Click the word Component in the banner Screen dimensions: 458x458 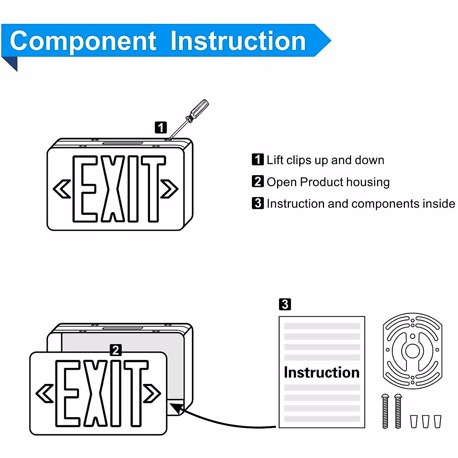[83, 41]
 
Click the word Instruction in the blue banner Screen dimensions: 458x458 [238, 41]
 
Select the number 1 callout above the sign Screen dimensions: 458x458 [161, 127]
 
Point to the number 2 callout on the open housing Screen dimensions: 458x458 [116, 350]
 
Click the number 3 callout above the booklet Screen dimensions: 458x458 [285, 305]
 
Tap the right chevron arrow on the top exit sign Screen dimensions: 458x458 [169, 189]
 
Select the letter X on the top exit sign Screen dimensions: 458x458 [113, 189]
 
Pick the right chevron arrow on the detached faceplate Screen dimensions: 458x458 [152, 393]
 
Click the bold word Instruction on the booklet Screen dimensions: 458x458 [321, 373]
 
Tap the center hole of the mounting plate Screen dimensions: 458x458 [412, 350]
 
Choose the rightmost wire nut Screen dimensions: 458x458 [437, 421]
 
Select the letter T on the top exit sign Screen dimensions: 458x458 [153, 189]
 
